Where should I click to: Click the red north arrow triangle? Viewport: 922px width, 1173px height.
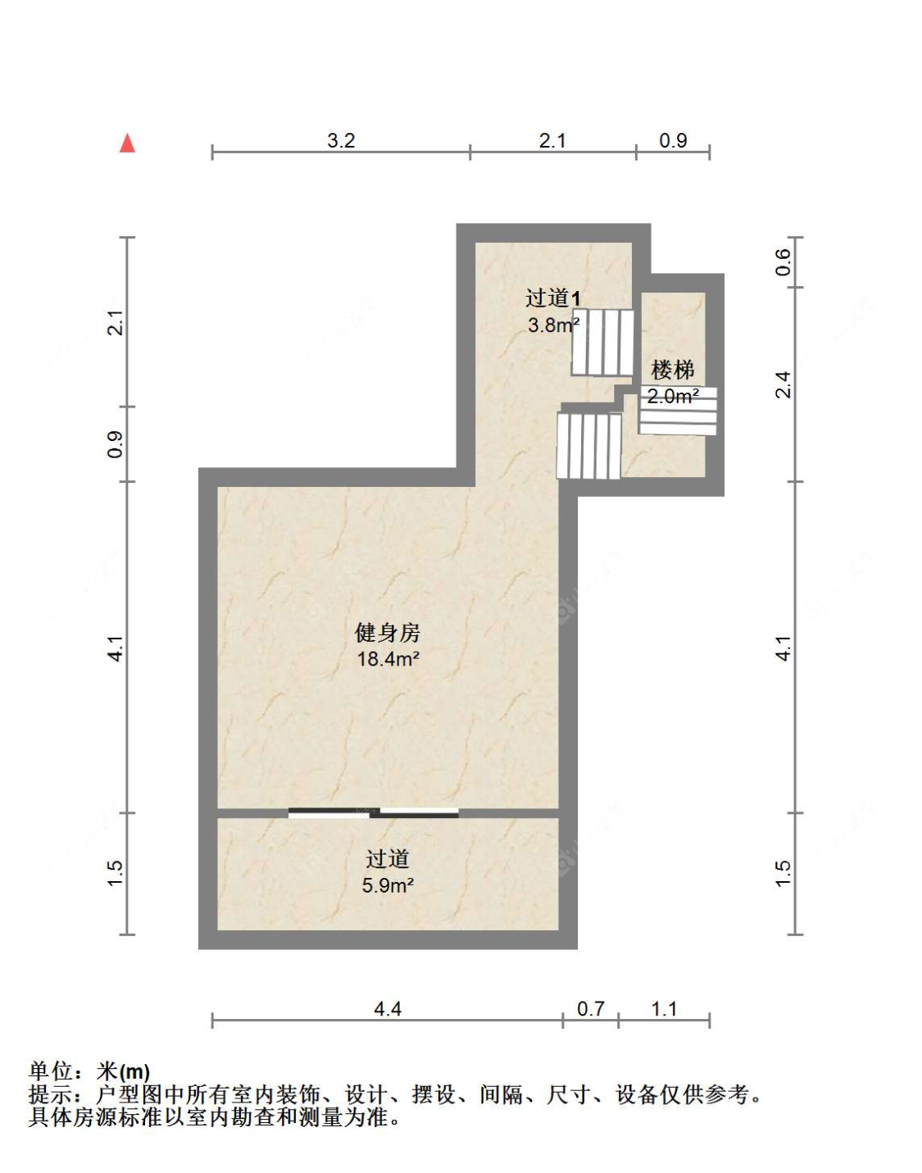(x=127, y=143)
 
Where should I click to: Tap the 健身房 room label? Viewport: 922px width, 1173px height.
(x=387, y=633)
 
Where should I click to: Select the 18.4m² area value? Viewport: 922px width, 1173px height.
(x=388, y=659)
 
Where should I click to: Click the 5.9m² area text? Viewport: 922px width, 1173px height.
(x=388, y=886)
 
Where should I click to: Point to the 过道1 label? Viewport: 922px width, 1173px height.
(x=553, y=298)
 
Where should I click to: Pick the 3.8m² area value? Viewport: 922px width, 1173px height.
(x=553, y=325)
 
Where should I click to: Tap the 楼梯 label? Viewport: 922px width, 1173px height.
(x=673, y=371)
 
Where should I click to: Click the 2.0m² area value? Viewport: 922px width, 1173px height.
(x=673, y=397)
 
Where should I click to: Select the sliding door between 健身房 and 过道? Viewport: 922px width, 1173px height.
(x=374, y=813)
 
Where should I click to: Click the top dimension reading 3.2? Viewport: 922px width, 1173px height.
(x=341, y=141)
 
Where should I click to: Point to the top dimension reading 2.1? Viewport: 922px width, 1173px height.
(x=552, y=141)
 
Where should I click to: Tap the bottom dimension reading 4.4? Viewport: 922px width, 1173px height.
(x=387, y=1009)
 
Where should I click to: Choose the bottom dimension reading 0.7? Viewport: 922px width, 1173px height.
(x=590, y=1009)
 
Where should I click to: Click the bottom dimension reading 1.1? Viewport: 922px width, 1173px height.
(x=664, y=1009)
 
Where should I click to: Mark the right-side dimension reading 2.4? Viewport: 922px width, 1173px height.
(x=783, y=384)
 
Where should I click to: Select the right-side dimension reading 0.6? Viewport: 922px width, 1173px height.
(x=783, y=261)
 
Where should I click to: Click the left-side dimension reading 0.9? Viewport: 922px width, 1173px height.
(x=116, y=443)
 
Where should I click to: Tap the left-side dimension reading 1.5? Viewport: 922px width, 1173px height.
(x=116, y=873)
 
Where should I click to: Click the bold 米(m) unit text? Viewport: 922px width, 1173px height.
(x=123, y=1071)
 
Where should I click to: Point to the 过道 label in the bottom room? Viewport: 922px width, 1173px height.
(x=387, y=859)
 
